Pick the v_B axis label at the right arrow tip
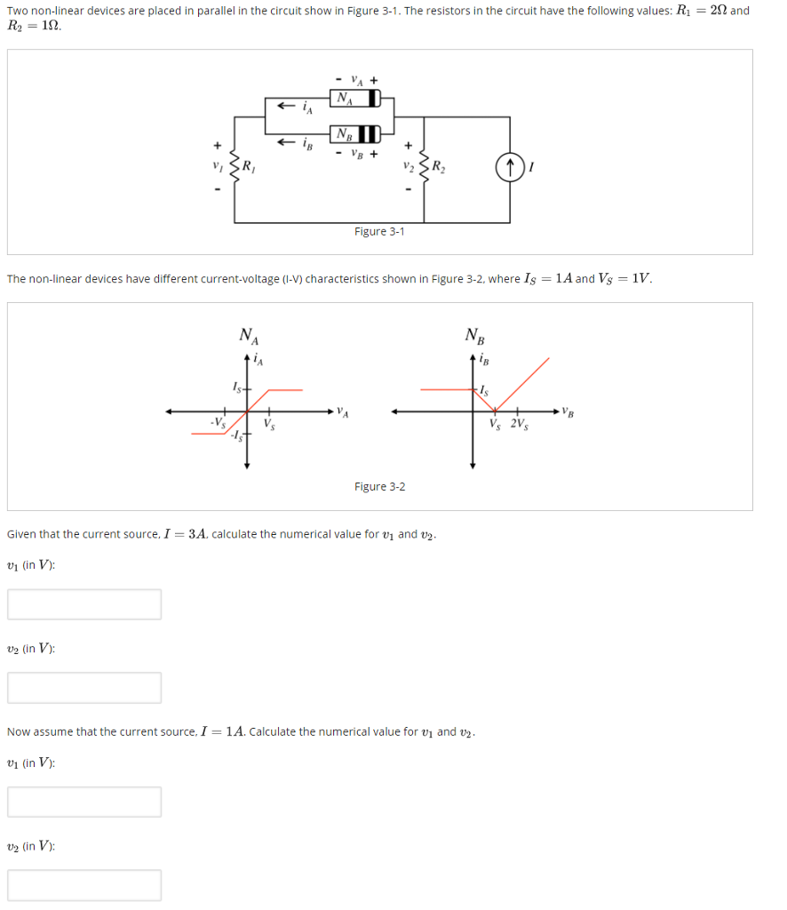[x=570, y=412]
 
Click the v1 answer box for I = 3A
[x=85, y=604]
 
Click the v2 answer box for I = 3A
[x=85, y=687]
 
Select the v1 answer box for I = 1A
[x=85, y=802]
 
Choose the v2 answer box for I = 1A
[x=85, y=884]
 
